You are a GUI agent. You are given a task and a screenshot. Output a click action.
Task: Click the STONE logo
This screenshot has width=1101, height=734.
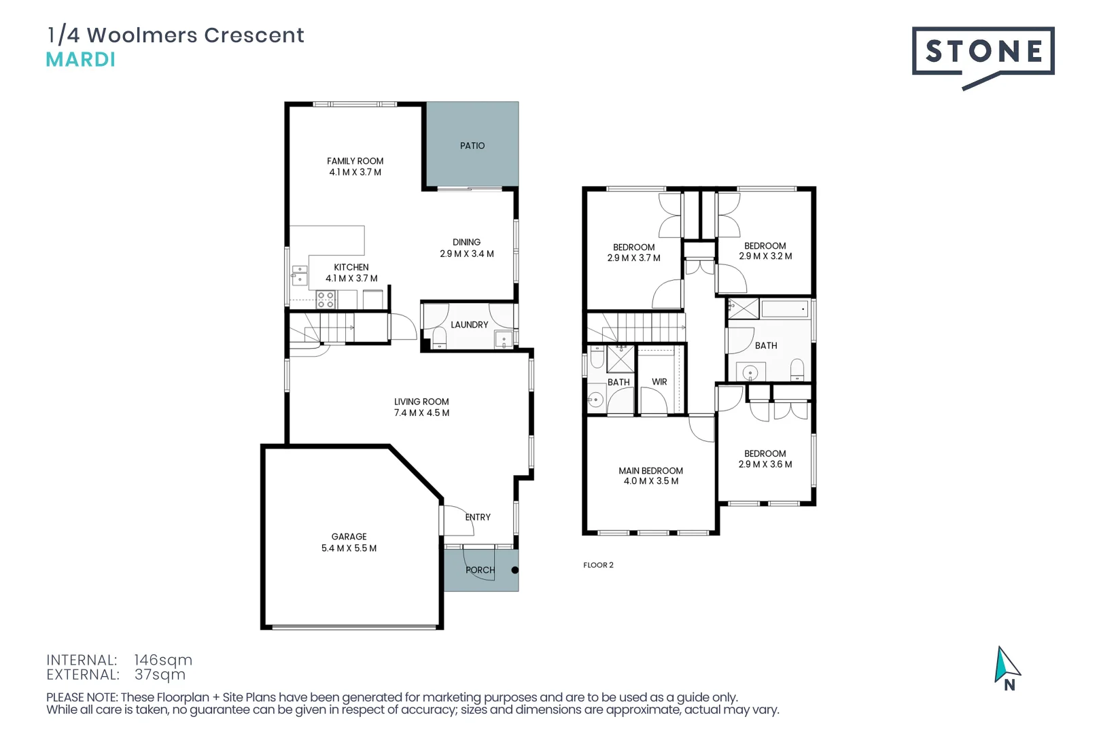click(983, 52)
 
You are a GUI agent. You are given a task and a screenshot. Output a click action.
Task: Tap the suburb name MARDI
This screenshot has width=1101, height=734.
click(80, 60)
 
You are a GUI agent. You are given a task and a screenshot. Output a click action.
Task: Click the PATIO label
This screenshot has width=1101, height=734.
click(472, 145)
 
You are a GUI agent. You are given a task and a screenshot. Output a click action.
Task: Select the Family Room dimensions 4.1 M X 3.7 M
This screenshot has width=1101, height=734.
click(355, 173)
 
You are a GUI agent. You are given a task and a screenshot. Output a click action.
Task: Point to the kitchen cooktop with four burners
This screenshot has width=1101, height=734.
click(326, 300)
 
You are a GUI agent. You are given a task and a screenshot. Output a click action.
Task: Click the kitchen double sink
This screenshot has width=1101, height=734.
click(300, 275)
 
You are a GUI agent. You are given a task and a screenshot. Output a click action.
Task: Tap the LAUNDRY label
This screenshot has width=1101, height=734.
click(469, 325)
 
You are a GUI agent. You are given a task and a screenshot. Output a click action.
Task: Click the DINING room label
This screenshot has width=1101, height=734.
click(466, 242)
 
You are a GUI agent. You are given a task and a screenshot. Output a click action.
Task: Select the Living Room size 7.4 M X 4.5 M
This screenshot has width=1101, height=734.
click(421, 413)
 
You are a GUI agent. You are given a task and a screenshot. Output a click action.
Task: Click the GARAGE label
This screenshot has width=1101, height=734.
click(349, 537)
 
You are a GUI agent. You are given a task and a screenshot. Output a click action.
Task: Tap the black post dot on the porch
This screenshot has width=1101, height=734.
click(514, 570)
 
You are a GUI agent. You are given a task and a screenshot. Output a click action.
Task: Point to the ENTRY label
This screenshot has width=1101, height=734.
click(478, 517)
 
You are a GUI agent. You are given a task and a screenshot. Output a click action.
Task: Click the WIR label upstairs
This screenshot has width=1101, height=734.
click(659, 382)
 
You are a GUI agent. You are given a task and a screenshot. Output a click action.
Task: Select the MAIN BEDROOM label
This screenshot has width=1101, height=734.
click(650, 470)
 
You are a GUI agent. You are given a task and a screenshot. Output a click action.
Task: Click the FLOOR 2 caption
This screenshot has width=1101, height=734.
click(598, 565)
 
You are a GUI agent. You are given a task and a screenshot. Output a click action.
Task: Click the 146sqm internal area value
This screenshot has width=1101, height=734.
click(163, 660)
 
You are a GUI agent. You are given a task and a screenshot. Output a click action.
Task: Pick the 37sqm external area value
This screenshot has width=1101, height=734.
click(160, 675)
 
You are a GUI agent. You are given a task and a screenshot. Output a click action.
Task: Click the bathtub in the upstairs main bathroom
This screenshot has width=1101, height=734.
click(784, 309)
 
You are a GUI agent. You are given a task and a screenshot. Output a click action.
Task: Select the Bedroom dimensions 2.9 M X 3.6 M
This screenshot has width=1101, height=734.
click(765, 465)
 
